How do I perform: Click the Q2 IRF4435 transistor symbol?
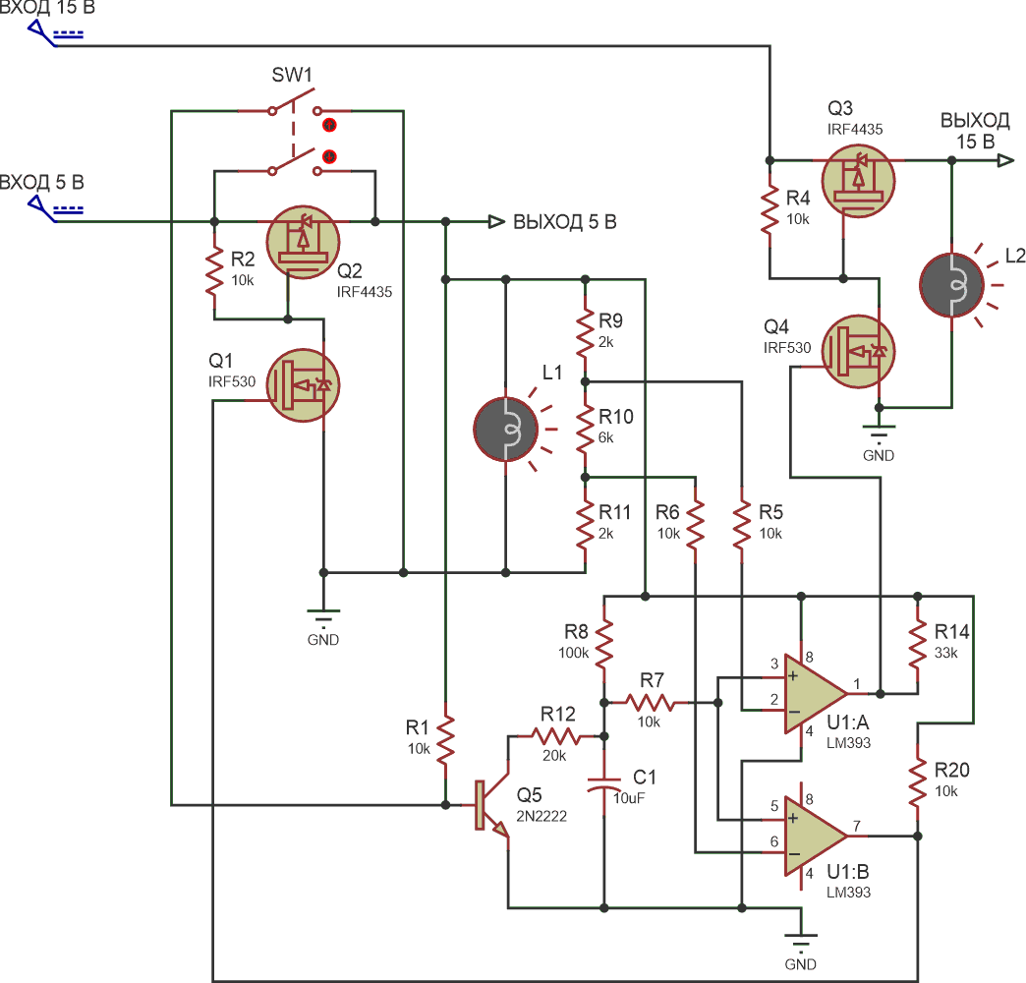tap(303, 242)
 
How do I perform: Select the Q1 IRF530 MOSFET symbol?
tap(303, 384)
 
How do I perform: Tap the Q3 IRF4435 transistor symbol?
tap(859, 181)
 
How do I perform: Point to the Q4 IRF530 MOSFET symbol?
tap(859, 352)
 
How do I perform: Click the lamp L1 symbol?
tap(506, 430)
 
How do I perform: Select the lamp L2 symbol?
tap(951, 285)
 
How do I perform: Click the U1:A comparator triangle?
tap(816, 694)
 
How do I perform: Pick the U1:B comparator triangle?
tap(816, 836)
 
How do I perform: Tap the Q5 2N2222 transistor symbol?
tap(492, 805)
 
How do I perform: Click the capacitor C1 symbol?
tap(604, 784)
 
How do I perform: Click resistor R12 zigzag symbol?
tap(557, 737)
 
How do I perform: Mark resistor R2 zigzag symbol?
tap(214, 271)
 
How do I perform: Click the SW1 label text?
tap(292, 76)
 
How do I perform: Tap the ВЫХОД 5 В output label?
tap(565, 222)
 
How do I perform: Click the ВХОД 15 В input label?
tap(47, 7)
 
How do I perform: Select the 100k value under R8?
tap(573, 653)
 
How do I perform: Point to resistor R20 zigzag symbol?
tap(917, 782)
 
